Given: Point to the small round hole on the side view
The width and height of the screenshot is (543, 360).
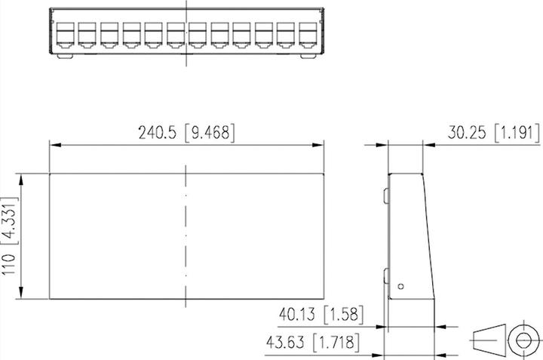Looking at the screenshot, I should (x=401, y=285).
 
